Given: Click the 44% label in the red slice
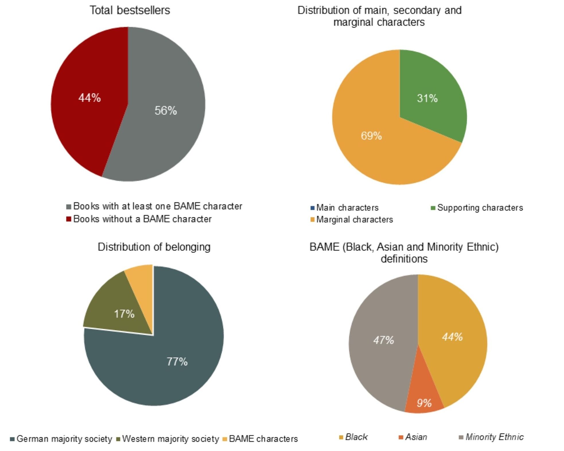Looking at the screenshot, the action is click(x=90, y=98).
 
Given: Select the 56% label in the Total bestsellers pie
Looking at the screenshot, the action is click(x=166, y=111).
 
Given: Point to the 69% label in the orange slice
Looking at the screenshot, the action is click(x=371, y=136).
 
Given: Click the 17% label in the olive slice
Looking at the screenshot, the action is click(x=124, y=314).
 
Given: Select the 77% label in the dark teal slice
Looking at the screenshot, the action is click(x=177, y=362).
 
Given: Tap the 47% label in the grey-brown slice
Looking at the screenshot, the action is click(x=384, y=340).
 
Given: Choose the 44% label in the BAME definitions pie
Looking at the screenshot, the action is click(x=452, y=337).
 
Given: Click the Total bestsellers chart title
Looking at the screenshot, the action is click(x=130, y=10).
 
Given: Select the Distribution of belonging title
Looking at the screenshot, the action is click(x=154, y=247).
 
